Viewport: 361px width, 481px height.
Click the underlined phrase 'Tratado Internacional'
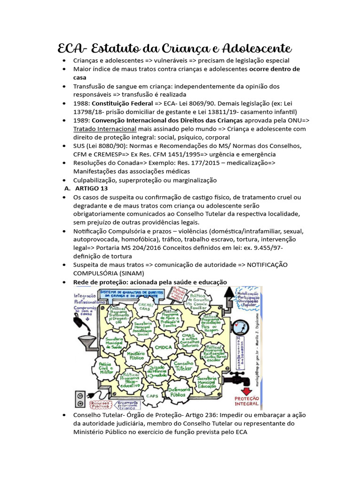(104, 129)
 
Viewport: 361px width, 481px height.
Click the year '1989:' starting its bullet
(81, 120)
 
